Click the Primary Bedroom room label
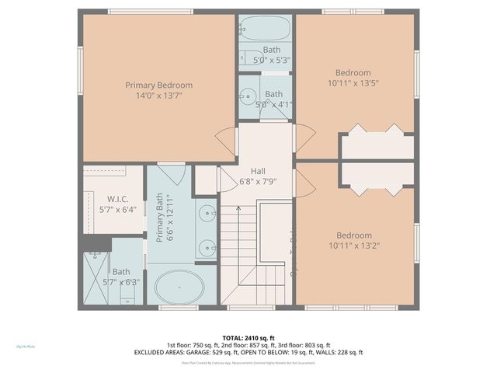coord(158,85)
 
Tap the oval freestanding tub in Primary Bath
coord(180,287)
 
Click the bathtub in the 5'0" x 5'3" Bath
coord(264,30)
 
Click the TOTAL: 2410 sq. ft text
coord(248,336)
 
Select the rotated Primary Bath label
coord(161,218)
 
